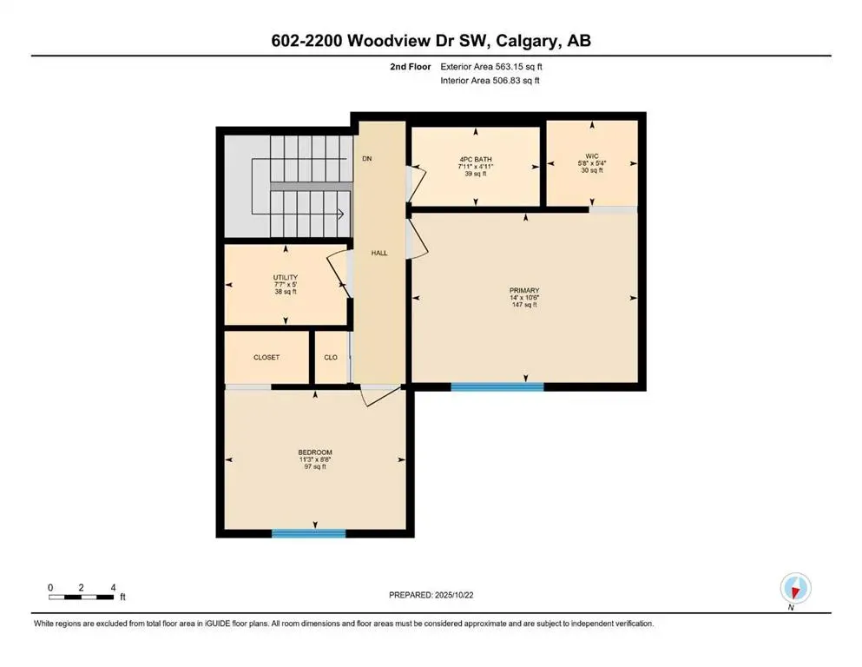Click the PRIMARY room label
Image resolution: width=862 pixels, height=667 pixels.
point(524,290)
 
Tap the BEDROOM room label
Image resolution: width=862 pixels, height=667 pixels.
point(315,452)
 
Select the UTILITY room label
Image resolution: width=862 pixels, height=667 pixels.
point(286,277)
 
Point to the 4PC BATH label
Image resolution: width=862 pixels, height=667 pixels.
point(476,158)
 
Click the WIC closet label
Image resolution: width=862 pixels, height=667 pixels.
point(592,156)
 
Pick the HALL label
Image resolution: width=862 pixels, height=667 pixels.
point(379,253)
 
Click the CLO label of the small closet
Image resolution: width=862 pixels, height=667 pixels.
point(331,357)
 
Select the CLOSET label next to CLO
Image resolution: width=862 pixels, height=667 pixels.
point(266,357)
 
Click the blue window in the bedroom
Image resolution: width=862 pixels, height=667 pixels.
point(308,533)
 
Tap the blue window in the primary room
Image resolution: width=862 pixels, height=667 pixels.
point(497,386)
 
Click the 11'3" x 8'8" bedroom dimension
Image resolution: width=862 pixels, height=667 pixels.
point(315,459)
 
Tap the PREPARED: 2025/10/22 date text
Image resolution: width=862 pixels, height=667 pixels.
point(431,595)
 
